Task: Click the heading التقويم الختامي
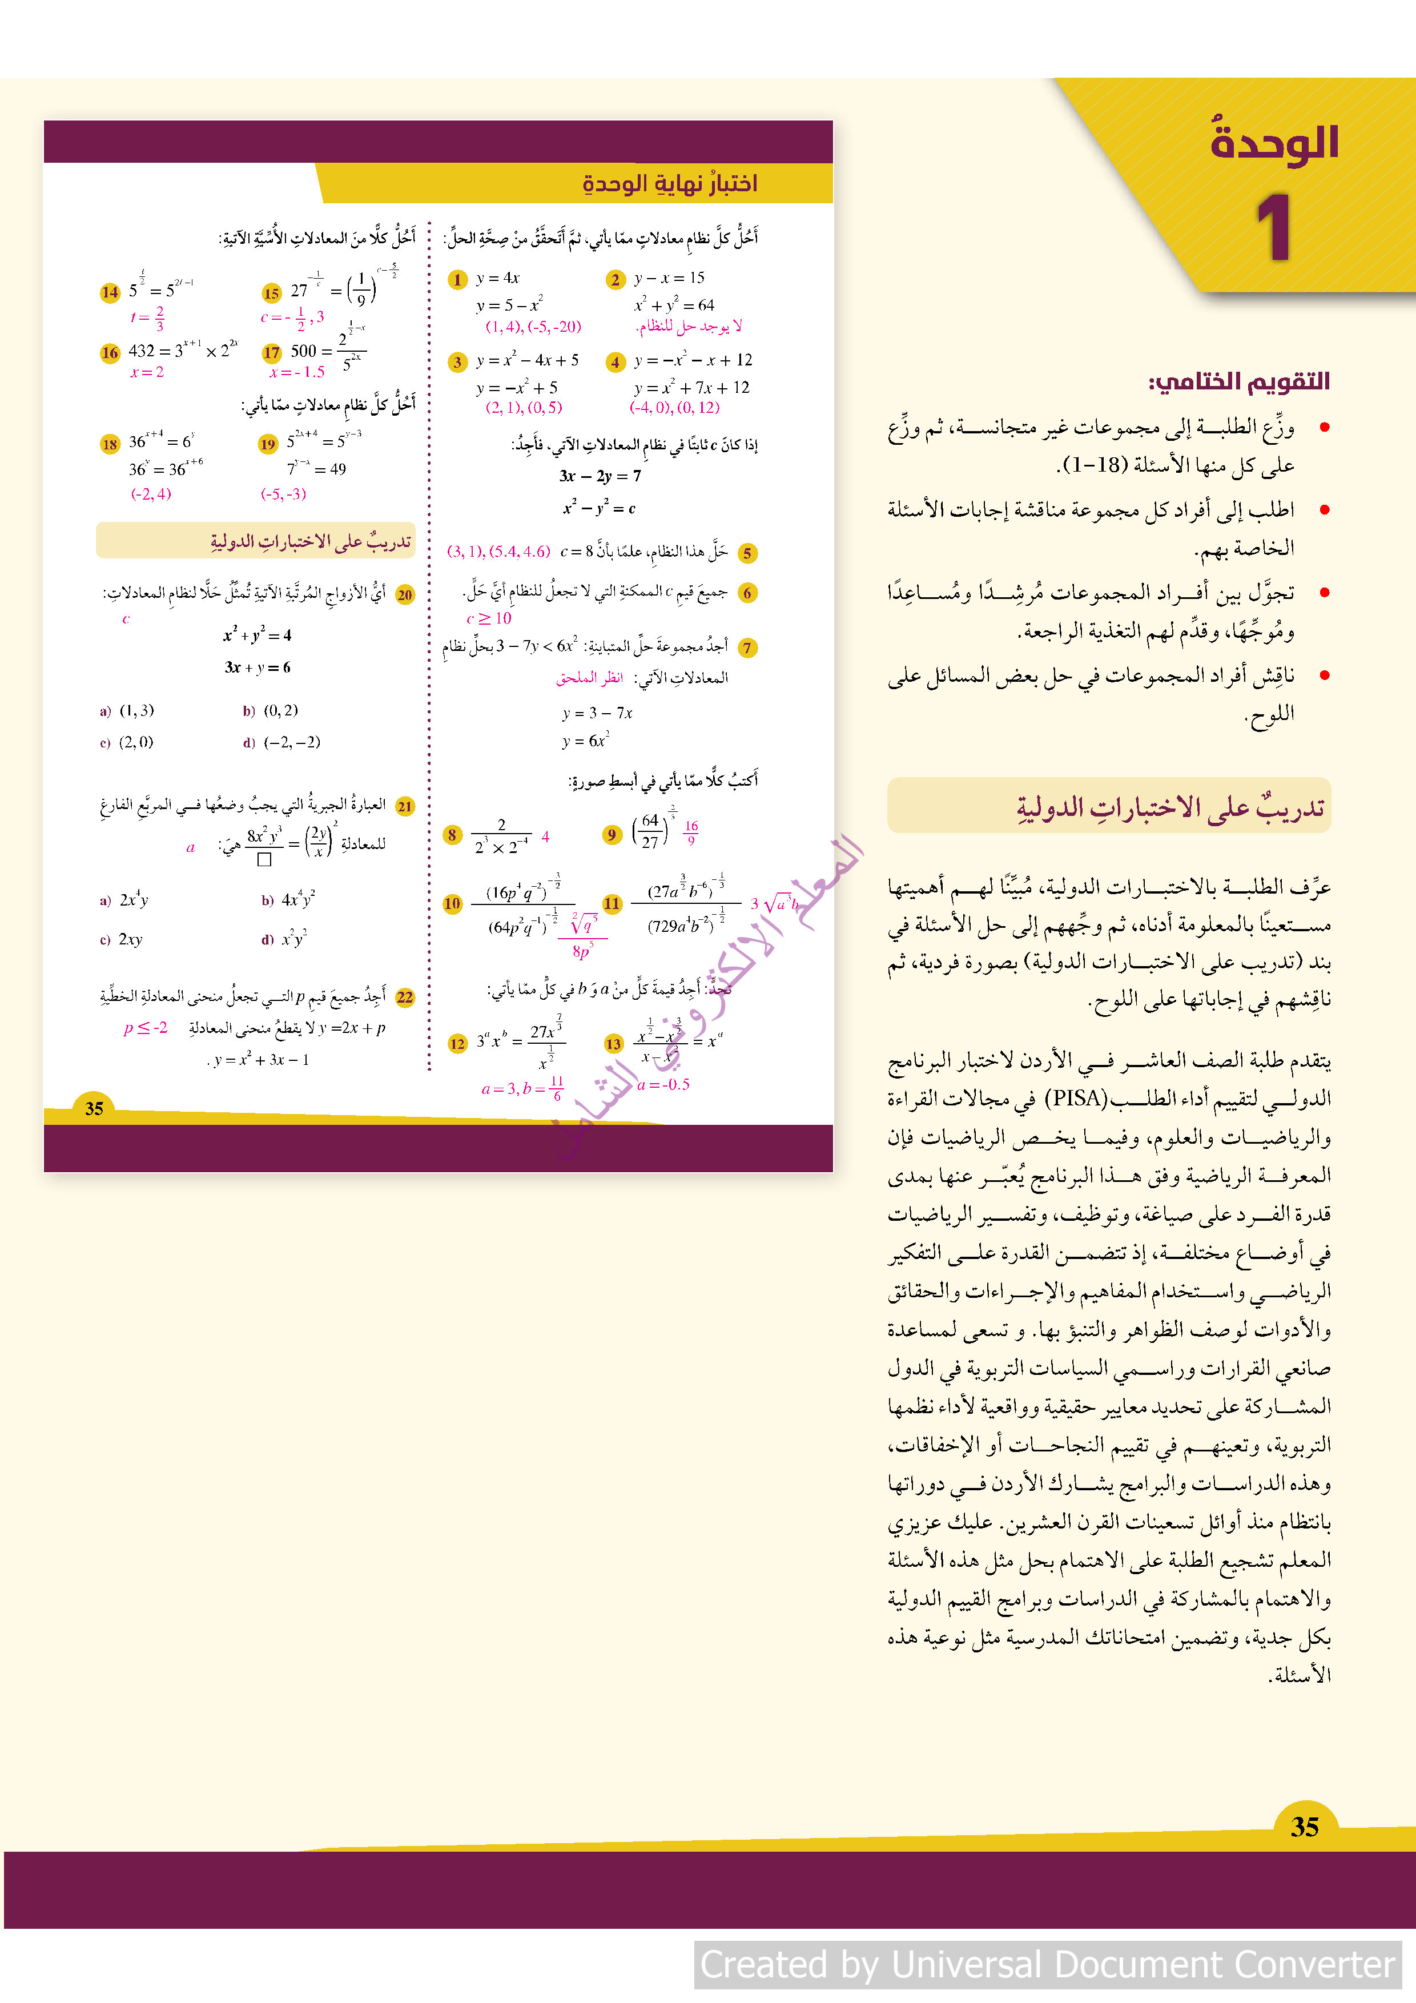pyautogui.click(x=1239, y=381)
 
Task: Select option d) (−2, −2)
pyautogui.click(x=282, y=742)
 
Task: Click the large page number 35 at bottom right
pyautogui.click(x=1304, y=1826)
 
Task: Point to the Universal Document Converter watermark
pyautogui.click(x=1047, y=1965)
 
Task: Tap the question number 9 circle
pyautogui.click(x=612, y=835)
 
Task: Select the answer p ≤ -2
pyautogui.click(x=146, y=1028)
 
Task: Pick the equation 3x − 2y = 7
pyautogui.click(x=600, y=476)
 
